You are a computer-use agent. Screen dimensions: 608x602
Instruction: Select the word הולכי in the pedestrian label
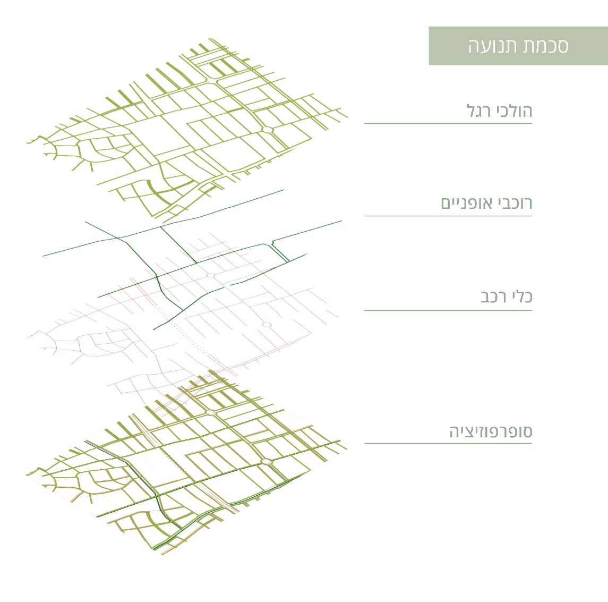click(x=514, y=111)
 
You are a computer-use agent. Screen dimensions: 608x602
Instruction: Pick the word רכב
click(x=493, y=296)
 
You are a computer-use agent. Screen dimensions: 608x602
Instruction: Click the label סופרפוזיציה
click(x=491, y=431)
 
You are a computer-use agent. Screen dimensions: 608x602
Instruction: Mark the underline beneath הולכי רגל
click(x=448, y=123)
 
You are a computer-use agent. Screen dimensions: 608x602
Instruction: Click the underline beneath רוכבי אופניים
click(x=448, y=216)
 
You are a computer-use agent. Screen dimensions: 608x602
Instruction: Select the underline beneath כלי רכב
click(x=448, y=310)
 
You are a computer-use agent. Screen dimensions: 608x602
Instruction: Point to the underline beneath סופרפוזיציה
click(x=448, y=443)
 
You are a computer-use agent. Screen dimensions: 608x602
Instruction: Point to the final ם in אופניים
click(x=446, y=204)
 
